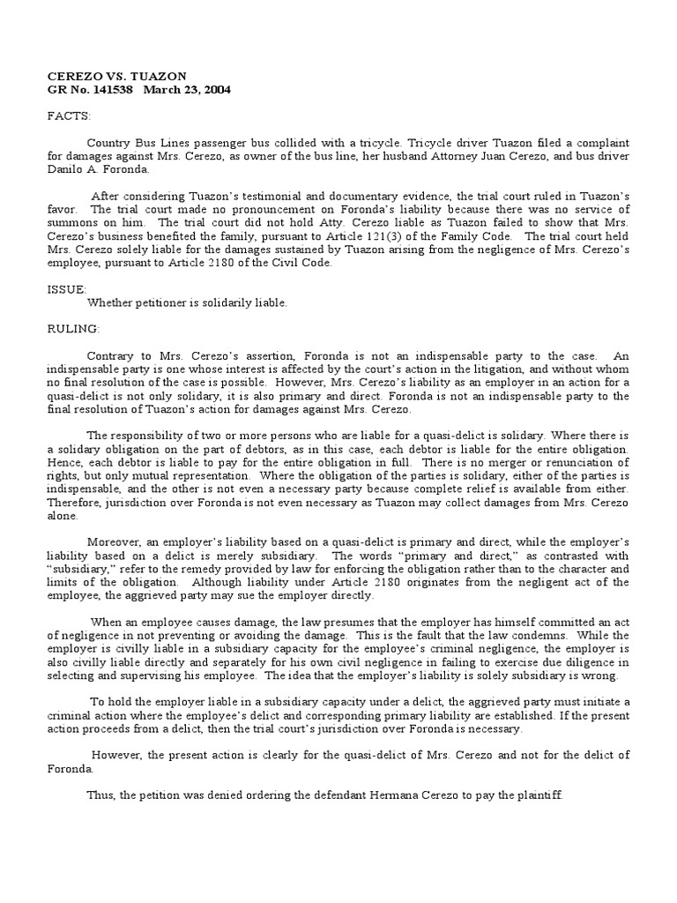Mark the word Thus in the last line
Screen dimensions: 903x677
click(x=100, y=795)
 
